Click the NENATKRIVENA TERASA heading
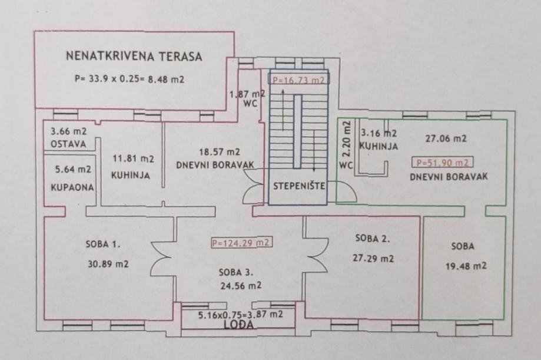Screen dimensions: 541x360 click(134, 56)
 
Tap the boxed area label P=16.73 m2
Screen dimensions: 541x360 click(299, 80)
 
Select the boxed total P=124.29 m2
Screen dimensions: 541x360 click(241, 243)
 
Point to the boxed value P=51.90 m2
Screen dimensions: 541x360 click(442, 163)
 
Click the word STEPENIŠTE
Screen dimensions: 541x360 click(299, 186)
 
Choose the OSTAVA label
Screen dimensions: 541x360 click(68, 144)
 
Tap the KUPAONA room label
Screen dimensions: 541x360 click(72, 187)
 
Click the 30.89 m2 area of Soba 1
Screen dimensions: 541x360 click(108, 265)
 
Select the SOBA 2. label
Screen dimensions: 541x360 click(373, 238)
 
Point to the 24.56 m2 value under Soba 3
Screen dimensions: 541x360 click(241, 286)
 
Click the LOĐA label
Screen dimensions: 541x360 click(238, 325)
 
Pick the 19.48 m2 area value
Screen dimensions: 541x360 click(466, 266)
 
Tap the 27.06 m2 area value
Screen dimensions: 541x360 click(446, 138)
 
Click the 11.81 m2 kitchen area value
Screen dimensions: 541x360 click(134, 159)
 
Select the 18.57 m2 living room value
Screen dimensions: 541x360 click(220, 152)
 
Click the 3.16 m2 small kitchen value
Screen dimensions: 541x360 click(379, 133)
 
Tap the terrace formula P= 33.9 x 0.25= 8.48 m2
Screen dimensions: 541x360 click(130, 79)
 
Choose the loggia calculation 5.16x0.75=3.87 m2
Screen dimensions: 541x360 click(241, 315)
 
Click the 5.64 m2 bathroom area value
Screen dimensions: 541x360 click(73, 169)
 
